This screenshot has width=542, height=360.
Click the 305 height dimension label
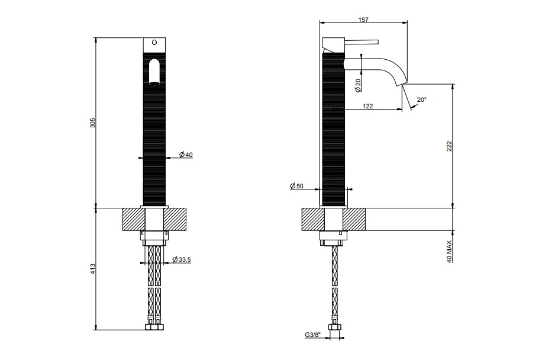point(92,123)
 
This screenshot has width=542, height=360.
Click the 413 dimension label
point(92,269)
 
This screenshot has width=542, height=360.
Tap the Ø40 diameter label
point(186,155)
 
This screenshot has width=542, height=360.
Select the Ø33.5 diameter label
point(181,259)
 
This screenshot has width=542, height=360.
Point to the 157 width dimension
point(363,20)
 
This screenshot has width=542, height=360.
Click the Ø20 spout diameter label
point(358,85)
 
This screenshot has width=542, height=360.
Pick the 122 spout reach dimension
point(368,106)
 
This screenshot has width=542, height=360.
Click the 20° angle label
point(422,99)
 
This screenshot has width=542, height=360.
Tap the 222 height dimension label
point(449,146)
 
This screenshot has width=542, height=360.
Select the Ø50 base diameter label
point(296,186)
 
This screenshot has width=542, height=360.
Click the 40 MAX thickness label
point(449,252)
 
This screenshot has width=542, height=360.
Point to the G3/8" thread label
point(313,335)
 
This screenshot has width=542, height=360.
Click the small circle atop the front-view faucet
point(154,43)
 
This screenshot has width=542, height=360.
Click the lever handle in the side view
point(361,42)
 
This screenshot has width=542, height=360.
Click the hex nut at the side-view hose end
point(334,327)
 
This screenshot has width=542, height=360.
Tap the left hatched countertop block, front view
point(134,219)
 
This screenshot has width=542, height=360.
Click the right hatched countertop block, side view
point(354,219)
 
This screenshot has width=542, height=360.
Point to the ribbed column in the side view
point(334,128)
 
